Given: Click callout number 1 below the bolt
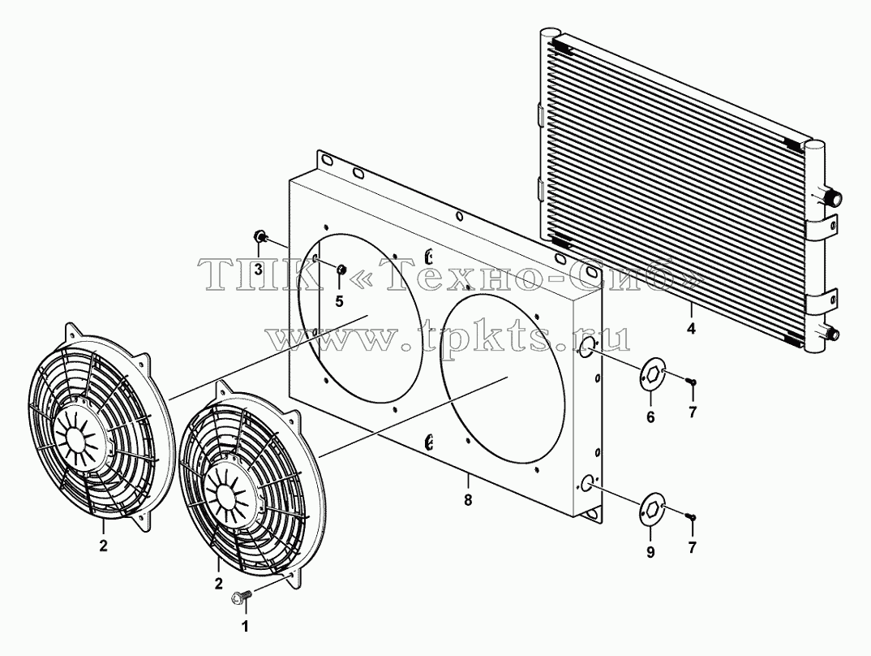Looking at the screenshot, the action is pyautogui.click(x=244, y=627).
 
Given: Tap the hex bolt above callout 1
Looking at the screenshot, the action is pyautogui.click(x=241, y=598).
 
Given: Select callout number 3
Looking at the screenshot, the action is pyautogui.click(x=259, y=270).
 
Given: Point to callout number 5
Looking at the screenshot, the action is pyautogui.click(x=339, y=301).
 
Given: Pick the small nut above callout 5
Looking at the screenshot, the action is pyautogui.click(x=341, y=270).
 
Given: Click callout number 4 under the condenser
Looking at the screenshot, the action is pyautogui.click(x=690, y=329).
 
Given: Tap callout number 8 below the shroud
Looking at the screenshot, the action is pyautogui.click(x=468, y=500).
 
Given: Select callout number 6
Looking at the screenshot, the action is pyautogui.click(x=650, y=416).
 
